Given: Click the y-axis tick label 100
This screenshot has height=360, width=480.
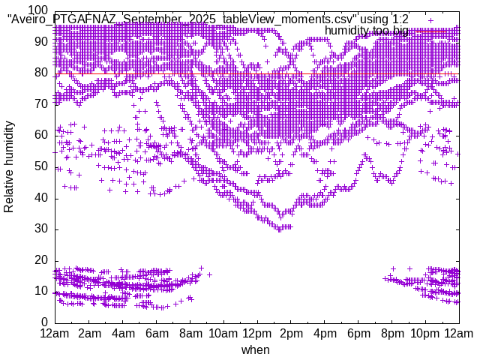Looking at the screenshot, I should [x=38, y=10].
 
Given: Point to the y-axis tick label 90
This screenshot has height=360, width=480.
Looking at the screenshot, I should [x=41, y=41].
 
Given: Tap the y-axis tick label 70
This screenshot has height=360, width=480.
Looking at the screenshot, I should [x=41, y=103].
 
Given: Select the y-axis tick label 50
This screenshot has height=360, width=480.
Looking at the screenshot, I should [x=41, y=166].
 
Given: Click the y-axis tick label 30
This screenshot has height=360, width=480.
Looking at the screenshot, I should [x=41, y=229].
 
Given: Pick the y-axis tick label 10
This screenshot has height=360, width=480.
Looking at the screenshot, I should [x=41, y=291].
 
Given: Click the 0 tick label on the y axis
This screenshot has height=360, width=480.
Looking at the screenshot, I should [x=44, y=322].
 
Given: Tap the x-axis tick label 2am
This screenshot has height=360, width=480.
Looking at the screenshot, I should [x=89, y=333].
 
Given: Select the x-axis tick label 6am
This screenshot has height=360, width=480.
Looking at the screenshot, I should [x=157, y=333].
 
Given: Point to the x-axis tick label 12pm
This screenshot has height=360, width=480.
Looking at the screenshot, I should [x=256, y=333].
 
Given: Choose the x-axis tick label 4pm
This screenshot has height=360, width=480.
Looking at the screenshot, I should [x=325, y=333].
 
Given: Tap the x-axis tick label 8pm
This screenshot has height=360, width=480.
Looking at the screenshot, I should [x=391, y=333].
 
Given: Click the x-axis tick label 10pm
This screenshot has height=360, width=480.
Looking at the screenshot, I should [x=425, y=333].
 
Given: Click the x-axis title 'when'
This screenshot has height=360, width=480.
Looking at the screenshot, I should [x=256, y=349].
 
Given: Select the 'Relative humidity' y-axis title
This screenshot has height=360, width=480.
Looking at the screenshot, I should [x=9, y=166].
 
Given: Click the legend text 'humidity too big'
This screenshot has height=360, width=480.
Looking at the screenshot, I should [x=367, y=31].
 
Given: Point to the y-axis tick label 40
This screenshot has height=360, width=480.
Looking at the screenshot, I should [x=41, y=197].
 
